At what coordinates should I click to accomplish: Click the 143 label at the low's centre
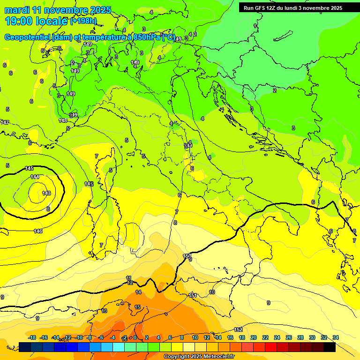[46, 193]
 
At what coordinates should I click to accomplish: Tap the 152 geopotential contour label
[238, 330]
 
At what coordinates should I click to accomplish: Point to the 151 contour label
[193, 295]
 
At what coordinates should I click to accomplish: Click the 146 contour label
[38, 231]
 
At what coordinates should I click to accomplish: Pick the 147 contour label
[4, 122]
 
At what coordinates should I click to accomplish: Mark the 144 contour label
[35, 177]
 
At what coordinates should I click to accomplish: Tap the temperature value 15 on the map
[137, 307]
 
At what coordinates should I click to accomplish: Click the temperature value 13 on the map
[104, 311]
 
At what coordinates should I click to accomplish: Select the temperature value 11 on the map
[129, 278]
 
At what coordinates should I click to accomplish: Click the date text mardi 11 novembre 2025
[58, 10]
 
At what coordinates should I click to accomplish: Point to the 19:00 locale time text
[36, 21]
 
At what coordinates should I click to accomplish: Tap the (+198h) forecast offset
[83, 21]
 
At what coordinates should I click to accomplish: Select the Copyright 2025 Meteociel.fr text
[199, 356]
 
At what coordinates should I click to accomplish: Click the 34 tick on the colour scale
[336, 337]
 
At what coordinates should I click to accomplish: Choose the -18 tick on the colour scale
[32, 337]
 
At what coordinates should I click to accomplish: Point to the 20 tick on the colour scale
[254, 337]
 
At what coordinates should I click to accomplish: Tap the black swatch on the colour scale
[330, 347]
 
